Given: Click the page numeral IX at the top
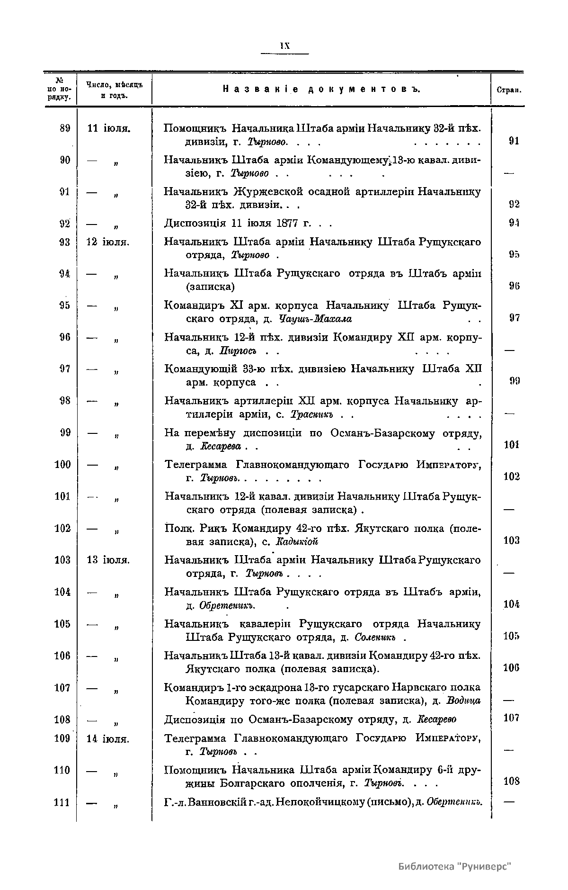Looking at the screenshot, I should point(284,46).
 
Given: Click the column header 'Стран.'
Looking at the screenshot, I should point(509,90).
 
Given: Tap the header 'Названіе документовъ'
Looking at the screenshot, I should point(321,89).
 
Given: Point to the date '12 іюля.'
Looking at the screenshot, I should point(109,242).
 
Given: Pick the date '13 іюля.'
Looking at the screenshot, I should point(109,560).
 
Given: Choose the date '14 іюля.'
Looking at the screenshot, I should point(109,738).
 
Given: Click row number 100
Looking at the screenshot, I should point(63,465).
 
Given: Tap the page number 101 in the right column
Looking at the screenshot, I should point(511,445).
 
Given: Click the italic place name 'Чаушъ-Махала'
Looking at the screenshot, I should point(315,319).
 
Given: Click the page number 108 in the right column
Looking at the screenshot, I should point(511,781).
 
